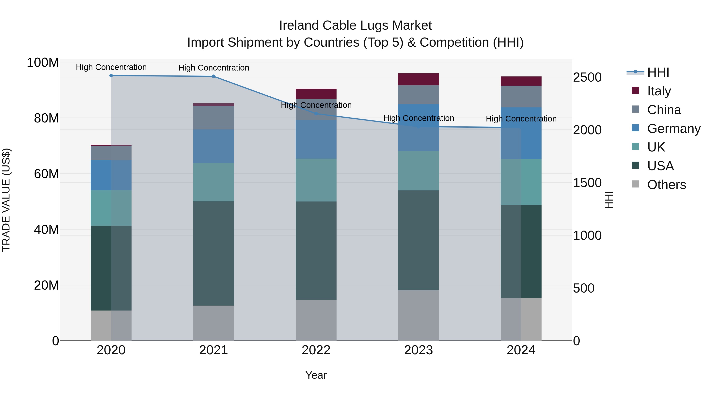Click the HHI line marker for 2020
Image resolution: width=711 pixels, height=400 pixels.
click(x=111, y=76)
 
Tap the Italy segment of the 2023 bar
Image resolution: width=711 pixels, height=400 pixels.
click(x=419, y=79)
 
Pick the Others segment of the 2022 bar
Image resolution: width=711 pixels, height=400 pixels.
click(x=316, y=320)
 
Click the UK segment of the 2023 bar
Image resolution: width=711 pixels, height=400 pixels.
click(x=419, y=171)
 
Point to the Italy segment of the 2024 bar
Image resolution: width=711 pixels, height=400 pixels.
click(x=521, y=81)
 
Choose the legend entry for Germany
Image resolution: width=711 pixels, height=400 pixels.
click(x=673, y=129)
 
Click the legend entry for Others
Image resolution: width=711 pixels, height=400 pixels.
click(x=666, y=185)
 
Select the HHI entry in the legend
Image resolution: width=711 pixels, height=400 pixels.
click(x=658, y=72)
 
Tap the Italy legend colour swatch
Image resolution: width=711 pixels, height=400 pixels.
click(x=635, y=90)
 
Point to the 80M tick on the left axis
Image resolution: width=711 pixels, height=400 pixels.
click(x=46, y=118)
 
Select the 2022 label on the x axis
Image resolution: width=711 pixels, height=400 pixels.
click(x=316, y=350)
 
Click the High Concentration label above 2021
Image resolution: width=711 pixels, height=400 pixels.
click(x=214, y=68)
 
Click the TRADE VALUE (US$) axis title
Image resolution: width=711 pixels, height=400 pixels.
click(x=6, y=200)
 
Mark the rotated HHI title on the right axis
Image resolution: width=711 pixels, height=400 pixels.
click(x=609, y=200)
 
